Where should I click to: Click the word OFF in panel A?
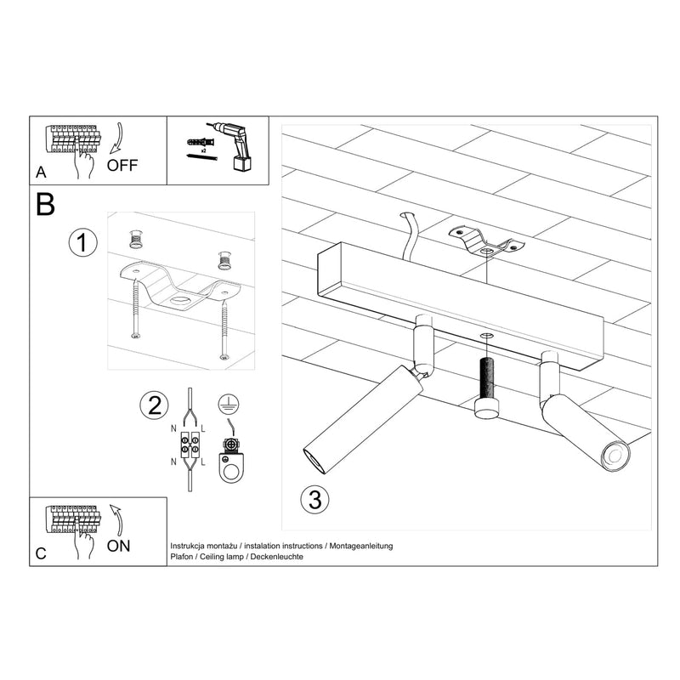(x=122, y=165)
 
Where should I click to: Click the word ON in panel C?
(x=119, y=545)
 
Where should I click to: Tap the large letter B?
(x=46, y=204)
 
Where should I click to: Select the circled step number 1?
(x=80, y=243)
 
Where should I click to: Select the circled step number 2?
(x=153, y=405)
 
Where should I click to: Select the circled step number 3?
(x=314, y=499)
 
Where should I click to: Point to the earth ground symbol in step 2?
(x=226, y=405)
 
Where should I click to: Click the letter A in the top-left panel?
(x=41, y=173)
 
